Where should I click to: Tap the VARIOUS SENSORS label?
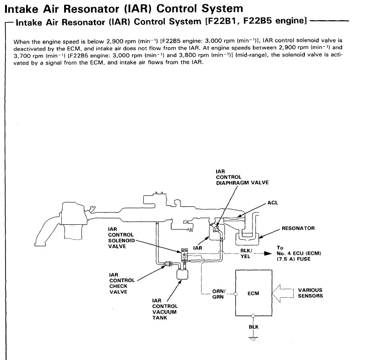310,293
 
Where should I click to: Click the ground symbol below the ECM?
253,338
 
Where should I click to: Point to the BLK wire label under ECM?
253,327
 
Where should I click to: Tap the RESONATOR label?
298,228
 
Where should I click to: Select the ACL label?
273,203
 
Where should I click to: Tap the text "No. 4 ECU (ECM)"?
297,254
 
